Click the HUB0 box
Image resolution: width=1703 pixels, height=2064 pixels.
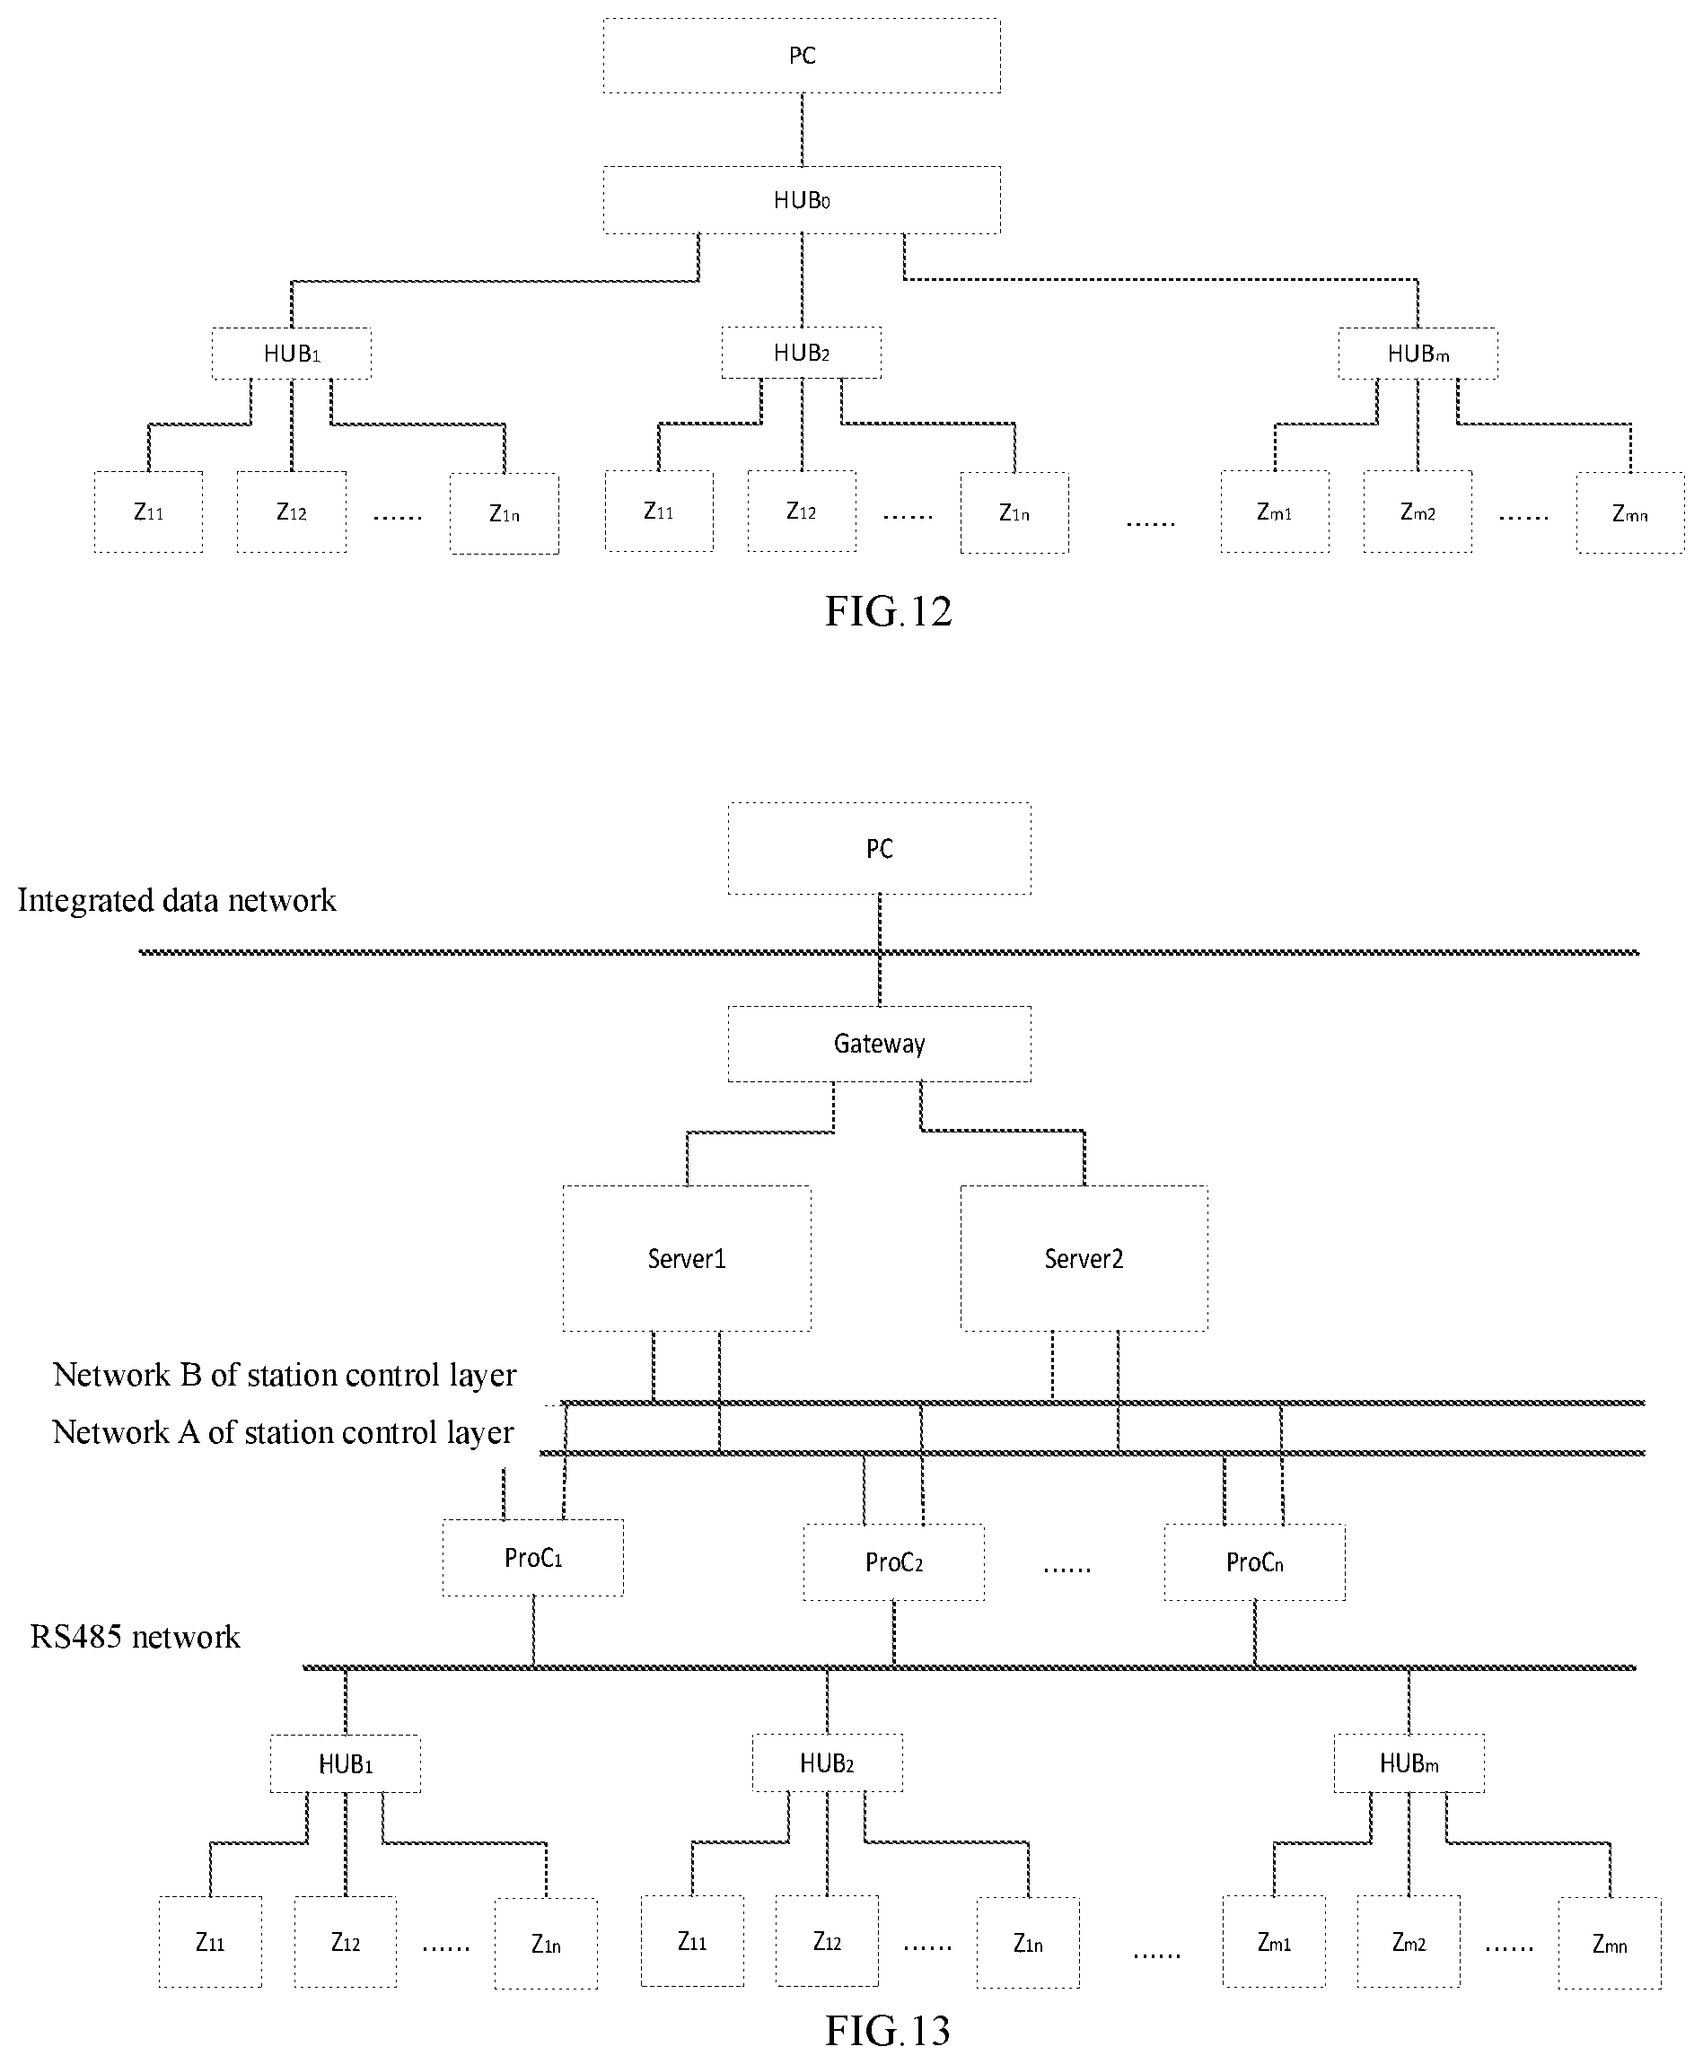(x=802, y=200)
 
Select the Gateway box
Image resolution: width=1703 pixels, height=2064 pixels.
(x=879, y=1045)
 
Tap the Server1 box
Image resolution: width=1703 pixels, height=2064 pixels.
(x=687, y=1258)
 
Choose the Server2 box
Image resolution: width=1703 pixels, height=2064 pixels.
(x=1084, y=1258)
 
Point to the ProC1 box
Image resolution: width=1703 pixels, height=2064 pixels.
(x=532, y=1558)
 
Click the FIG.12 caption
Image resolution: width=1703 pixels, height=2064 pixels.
(x=888, y=612)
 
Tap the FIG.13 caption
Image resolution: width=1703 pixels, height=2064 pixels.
(x=888, y=2031)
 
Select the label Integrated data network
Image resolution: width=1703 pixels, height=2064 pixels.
(x=177, y=900)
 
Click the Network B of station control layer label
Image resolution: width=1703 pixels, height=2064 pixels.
(x=285, y=1375)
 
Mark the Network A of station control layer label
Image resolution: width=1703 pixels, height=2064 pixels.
(x=283, y=1432)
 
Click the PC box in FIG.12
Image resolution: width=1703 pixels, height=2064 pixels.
(x=802, y=56)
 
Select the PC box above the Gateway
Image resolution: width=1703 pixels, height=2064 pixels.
(x=879, y=849)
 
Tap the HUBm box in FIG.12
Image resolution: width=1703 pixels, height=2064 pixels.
(x=1418, y=354)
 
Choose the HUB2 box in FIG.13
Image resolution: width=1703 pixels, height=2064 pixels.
(x=827, y=1764)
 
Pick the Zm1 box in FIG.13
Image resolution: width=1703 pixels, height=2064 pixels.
(x=1273, y=1943)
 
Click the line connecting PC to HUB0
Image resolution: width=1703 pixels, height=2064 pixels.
(x=802, y=129)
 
